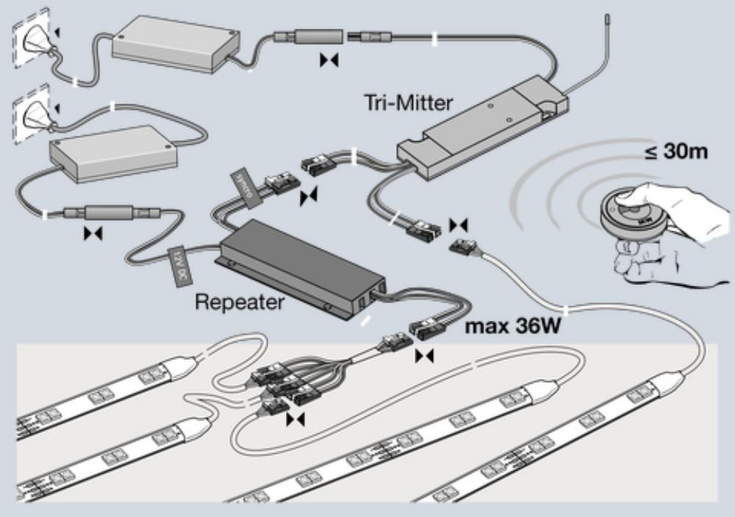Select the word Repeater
tap(240, 301)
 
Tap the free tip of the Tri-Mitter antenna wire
tap(606, 16)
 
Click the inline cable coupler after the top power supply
tap(309, 36)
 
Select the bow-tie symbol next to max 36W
tap(424, 356)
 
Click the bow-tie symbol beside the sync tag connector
tap(309, 195)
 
